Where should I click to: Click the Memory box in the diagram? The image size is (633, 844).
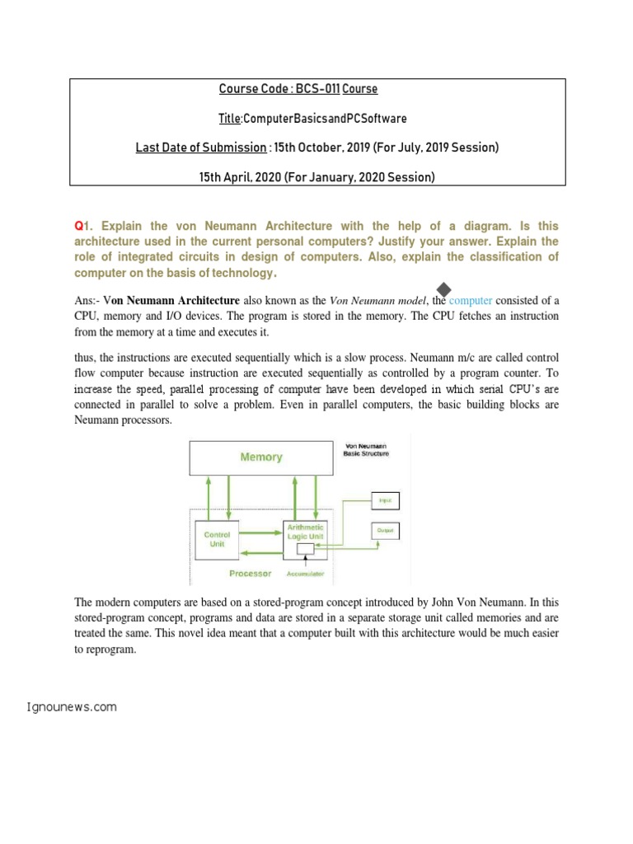[x=260, y=457]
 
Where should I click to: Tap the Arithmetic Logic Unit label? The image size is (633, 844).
[x=305, y=531]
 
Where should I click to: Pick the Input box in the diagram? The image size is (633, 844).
[x=385, y=500]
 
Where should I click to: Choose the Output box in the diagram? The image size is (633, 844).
[x=385, y=531]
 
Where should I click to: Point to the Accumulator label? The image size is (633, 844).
[x=305, y=573]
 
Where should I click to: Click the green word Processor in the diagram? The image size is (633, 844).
[x=251, y=572]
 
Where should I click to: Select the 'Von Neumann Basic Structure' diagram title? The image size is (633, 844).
[x=367, y=450]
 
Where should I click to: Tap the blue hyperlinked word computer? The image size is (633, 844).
[x=471, y=301]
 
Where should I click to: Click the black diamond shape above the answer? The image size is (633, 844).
[x=443, y=288]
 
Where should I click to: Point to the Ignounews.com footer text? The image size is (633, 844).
[x=72, y=706]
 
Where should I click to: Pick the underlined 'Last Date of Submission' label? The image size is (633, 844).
[x=200, y=148]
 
